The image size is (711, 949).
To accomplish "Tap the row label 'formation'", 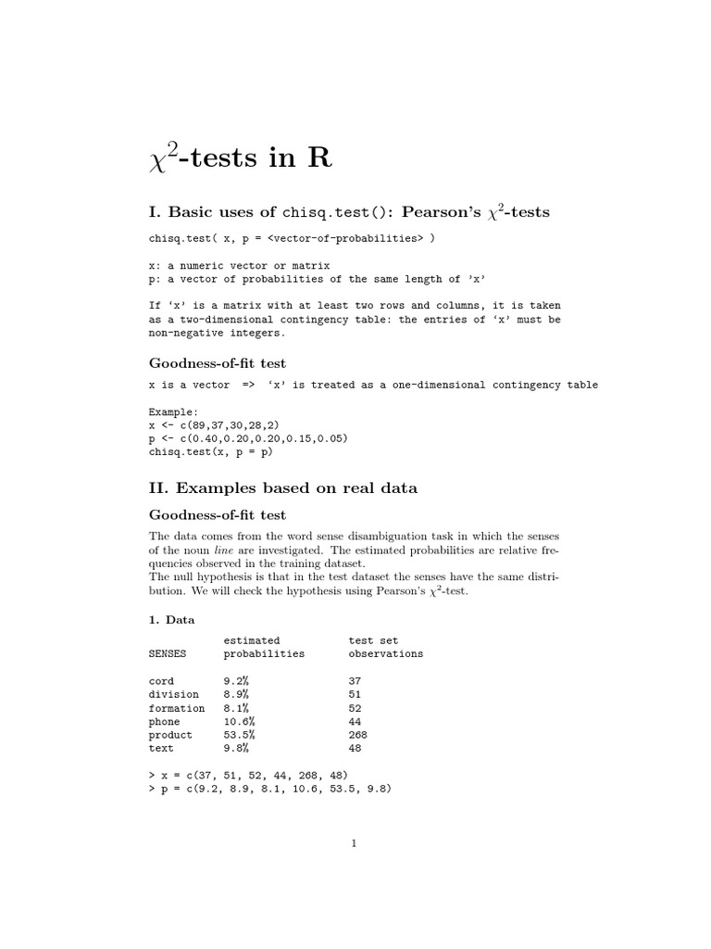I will (x=177, y=708).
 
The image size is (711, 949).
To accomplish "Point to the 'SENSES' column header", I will (x=167, y=653).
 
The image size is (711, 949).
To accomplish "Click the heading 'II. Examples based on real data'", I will (x=283, y=487).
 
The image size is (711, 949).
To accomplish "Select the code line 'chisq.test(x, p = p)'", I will (x=211, y=452).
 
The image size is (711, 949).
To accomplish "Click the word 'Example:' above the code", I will (x=173, y=411).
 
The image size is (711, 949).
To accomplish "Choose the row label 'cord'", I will (x=161, y=681).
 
